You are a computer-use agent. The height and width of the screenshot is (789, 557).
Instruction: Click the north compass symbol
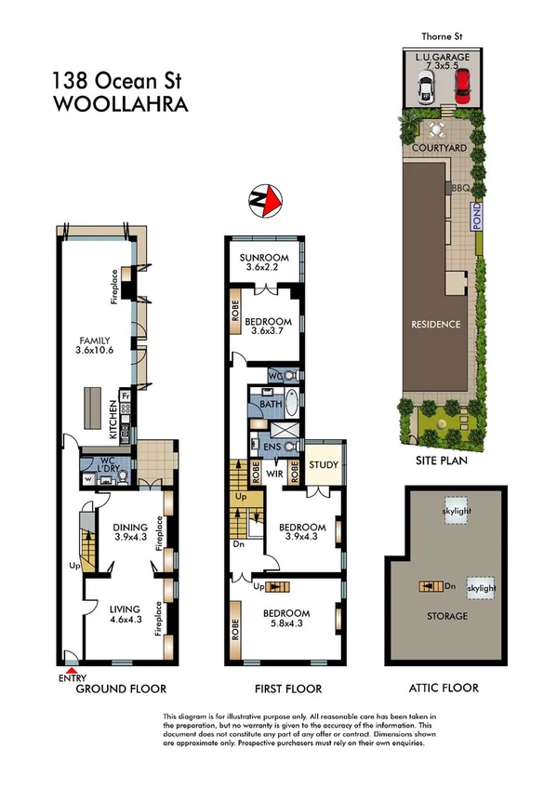(267, 198)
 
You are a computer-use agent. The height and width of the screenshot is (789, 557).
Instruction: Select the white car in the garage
(426, 89)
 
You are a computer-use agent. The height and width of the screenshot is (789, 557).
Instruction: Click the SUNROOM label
(264, 258)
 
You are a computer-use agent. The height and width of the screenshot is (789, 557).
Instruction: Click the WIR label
(275, 473)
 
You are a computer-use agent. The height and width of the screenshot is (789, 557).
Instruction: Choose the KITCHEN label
(113, 419)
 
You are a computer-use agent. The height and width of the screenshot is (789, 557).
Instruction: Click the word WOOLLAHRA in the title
(121, 104)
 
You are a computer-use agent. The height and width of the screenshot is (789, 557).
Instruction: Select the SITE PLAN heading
(442, 460)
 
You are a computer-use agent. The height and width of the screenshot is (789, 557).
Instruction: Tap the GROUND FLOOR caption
(121, 689)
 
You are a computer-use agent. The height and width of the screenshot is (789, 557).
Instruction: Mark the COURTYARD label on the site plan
(439, 148)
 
